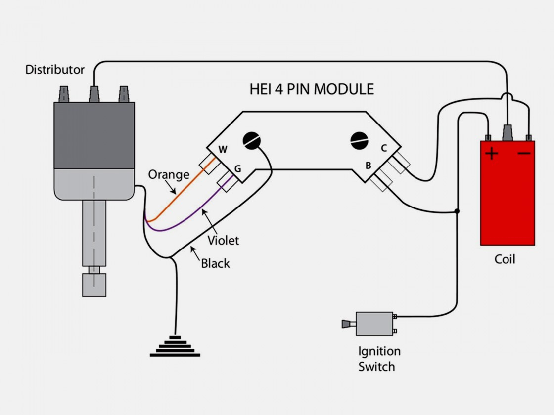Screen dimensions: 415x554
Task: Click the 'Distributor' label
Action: tap(55, 70)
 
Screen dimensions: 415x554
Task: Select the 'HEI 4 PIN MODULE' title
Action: tap(312, 89)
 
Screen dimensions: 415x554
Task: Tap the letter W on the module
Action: tap(223, 150)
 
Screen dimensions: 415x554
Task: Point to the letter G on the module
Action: tap(237, 168)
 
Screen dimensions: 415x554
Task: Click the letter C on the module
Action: tap(383, 147)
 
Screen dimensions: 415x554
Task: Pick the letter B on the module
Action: tap(368, 166)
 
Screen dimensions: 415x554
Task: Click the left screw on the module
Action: tap(252, 141)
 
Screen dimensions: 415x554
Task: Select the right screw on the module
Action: tap(359, 140)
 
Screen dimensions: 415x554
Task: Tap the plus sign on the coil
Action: tap(492, 154)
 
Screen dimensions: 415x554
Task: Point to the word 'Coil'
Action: tap(505, 259)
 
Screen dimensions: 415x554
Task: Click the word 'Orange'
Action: tap(169, 174)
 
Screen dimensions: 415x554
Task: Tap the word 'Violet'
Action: tap(223, 241)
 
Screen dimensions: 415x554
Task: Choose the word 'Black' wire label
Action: tap(215, 263)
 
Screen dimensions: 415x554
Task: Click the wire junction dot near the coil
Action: tap(457, 211)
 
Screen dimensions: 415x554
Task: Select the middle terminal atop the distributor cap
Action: tap(94, 94)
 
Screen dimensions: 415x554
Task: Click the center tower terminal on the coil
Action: tap(508, 132)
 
